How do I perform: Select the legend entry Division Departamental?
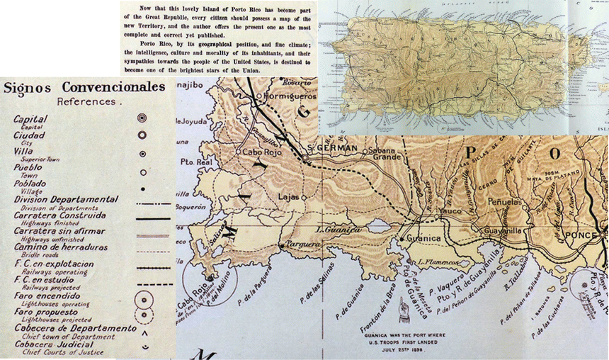pyautogui.click(x=66, y=199)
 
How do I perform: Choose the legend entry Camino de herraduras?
pyautogui.click(x=60, y=247)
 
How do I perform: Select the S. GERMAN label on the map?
pyautogui.click(x=331, y=147)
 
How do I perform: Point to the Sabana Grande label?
pyautogui.click(x=388, y=154)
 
